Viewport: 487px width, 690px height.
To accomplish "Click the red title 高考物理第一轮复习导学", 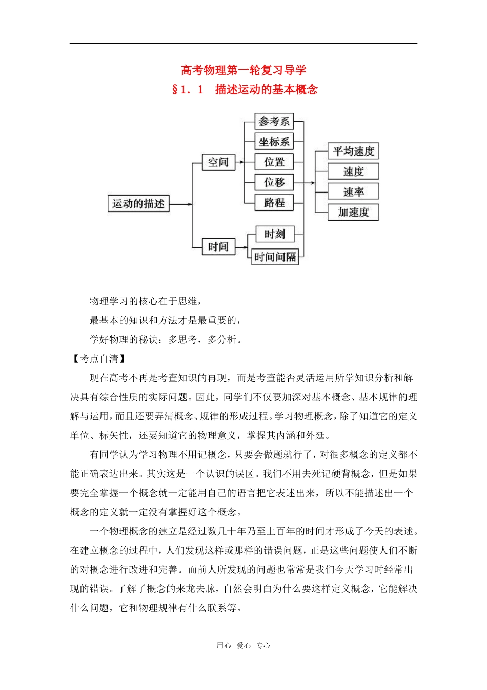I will tap(243, 70).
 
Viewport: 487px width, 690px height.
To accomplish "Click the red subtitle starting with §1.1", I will tap(245, 89).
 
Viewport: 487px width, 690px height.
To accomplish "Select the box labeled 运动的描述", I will tap(138, 204).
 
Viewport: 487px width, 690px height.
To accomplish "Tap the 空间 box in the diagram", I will tap(218, 162).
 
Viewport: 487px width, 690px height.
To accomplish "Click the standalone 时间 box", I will tap(218, 246).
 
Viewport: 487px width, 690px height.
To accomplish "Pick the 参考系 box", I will tap(274, 122).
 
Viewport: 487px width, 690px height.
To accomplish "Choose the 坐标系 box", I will tap(274, 142).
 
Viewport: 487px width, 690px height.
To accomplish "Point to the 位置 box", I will tap(274, 162).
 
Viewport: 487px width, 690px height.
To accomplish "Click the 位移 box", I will tap(274, 182).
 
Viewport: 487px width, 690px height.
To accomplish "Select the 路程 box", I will tap(274, 202).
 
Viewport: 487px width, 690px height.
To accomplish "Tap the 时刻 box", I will tap(275, 234).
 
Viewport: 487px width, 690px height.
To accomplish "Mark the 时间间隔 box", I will tap(275, 257).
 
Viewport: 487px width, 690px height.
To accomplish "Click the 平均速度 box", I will tap(353, 151).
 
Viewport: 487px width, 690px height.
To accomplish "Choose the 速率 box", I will tap(353, 191).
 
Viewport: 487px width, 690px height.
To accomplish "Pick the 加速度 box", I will tap(353, 212).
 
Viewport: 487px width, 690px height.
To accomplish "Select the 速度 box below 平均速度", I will tap(353, 171).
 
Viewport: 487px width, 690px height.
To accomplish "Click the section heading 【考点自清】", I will tap(99, 359).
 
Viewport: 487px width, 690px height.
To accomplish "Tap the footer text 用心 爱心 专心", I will tap(243, 646).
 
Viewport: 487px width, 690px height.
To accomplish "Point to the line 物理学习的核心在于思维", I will tap(145, 301).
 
